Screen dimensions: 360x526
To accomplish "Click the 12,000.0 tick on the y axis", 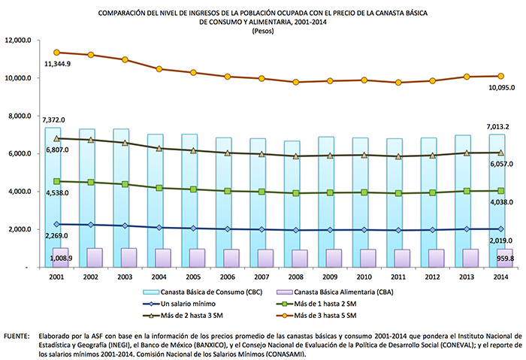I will [x=17, y=41].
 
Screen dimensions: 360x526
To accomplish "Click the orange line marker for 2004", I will [x=159, y=69].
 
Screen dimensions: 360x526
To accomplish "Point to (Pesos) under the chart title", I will [x=263, y=31].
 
